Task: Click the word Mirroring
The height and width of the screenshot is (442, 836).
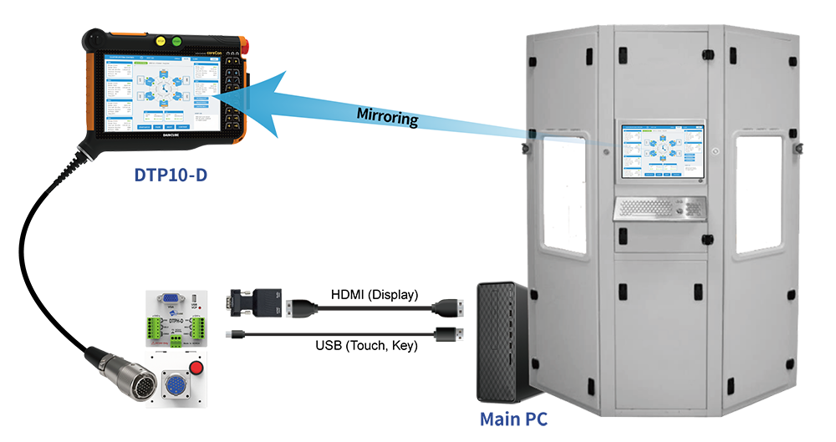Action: click(386, 117)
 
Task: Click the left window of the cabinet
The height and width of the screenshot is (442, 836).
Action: click(565, 195)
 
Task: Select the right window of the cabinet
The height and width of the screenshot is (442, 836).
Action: click(758, 194)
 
